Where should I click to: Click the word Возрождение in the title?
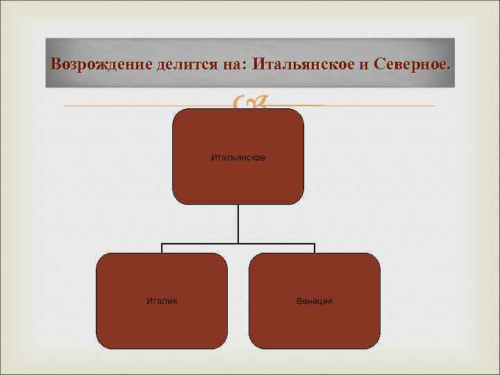pyautogui.click(x=96, y=65)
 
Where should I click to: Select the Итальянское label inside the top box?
pyautogui.click(x=238, y=158)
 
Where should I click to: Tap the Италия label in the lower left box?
pyautogui.click(x=162, y=301)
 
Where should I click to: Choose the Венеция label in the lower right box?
pyautogui.click(x=315, y=301)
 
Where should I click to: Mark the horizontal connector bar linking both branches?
pyautogui.click(x=201, y=243)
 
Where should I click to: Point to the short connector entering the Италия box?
pyautogui.click(x=162, y=248)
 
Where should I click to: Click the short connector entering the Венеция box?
pyautogui.click(x=315, y=248)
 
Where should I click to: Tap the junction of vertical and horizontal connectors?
pyautogui.click(x=238, y=243)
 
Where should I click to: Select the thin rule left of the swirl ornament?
pyautogui.click(x=139, y=106)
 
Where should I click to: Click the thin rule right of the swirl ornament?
pyautogui.click(x=375, y=106)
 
